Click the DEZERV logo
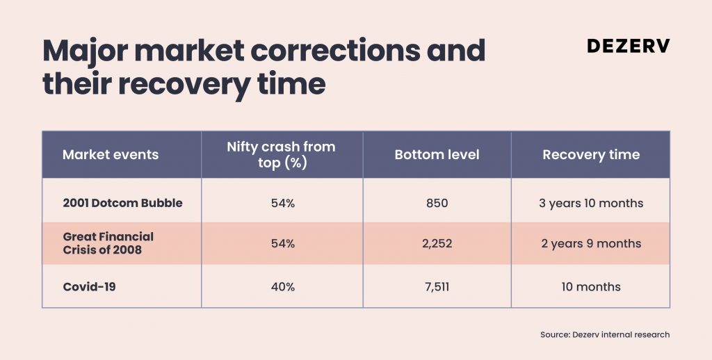pos(628,45)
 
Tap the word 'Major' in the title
pos(85,51)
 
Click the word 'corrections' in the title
pos(335,51)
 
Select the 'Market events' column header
pos(111,154)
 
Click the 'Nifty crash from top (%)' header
pos(282,154)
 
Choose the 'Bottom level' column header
pos(437,154)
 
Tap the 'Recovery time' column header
pos(591,155)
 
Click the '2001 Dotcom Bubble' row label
pos(122,203)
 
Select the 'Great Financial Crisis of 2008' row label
pos(108,243)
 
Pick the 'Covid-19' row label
pos(89,287)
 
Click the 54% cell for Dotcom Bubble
pos(283,203)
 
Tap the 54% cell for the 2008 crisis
pos(283,244)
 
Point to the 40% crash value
pos(283,287)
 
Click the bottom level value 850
pos(437,203)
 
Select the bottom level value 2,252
pos(437,244)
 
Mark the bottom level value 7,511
pos(437,287)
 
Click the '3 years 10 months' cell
pos(591,203)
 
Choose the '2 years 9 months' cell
pos(591,244)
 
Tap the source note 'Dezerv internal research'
pos(621,334)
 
